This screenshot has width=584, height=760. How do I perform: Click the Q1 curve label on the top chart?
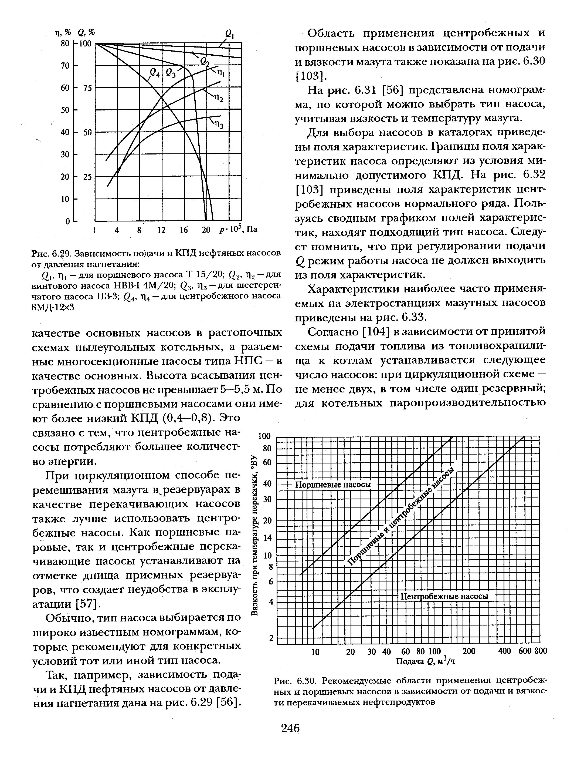(x=230, y=34)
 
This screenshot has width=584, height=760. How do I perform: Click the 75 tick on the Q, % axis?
(x=87, y=88)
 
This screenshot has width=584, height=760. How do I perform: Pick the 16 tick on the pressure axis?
(x=184, y=230)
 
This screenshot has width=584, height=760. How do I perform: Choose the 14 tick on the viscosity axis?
(x=267, y=538)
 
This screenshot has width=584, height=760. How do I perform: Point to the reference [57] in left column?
(x=88, y=604)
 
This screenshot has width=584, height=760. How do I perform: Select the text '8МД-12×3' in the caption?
(x=53, y=307)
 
